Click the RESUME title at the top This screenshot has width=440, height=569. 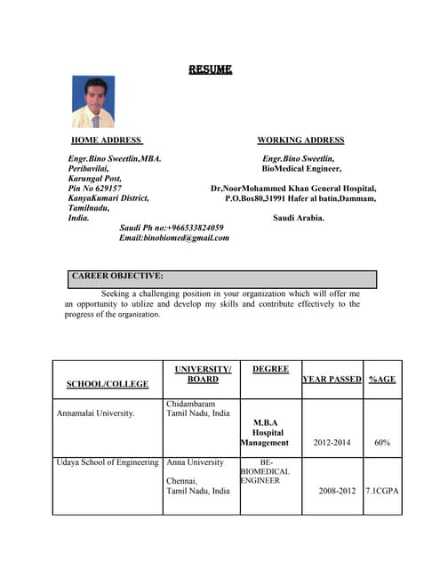(210, 69)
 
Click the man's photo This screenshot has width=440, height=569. (92, 101)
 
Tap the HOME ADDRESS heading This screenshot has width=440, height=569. (107, 140)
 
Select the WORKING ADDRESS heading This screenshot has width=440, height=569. (300, 140)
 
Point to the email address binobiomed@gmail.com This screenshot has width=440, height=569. (174, 237)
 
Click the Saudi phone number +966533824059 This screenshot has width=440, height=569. (172, 228)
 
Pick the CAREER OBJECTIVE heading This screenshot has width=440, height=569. (117, 276)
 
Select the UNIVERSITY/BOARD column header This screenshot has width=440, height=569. (203, 374)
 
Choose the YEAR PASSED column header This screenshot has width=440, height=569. (332, 379)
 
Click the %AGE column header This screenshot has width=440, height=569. (382, 379)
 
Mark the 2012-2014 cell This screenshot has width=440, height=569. (332, 442)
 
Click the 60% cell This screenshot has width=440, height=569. (382, 442)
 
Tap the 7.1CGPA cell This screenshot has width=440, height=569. (383, 490)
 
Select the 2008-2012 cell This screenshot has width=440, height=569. (332, 490)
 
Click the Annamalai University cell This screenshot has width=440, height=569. (96, 413)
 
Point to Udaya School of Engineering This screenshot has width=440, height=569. (108, 462)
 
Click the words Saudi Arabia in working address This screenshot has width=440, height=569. (299, 217)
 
